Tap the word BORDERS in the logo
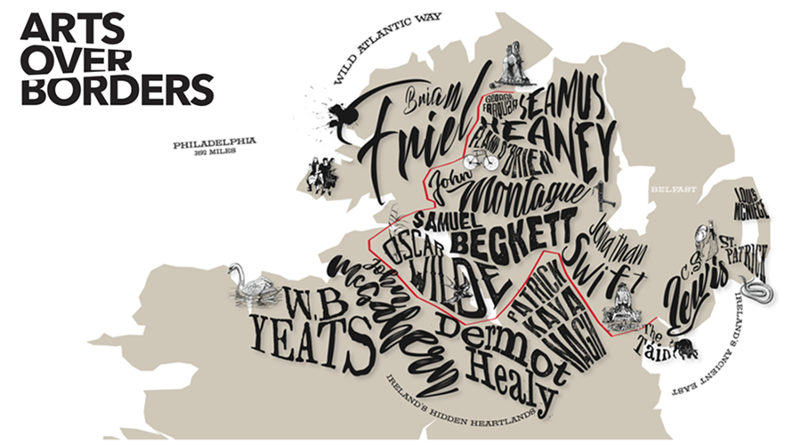coord(117,90)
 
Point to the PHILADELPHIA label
coord(214,142)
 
